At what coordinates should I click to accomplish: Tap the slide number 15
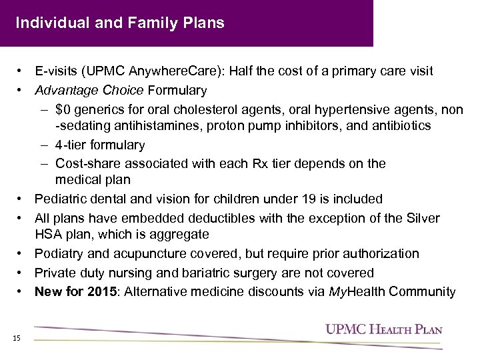17,339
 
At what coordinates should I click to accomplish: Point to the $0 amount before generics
65,108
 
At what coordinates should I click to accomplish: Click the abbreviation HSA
48,235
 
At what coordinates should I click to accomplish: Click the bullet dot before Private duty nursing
23,273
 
